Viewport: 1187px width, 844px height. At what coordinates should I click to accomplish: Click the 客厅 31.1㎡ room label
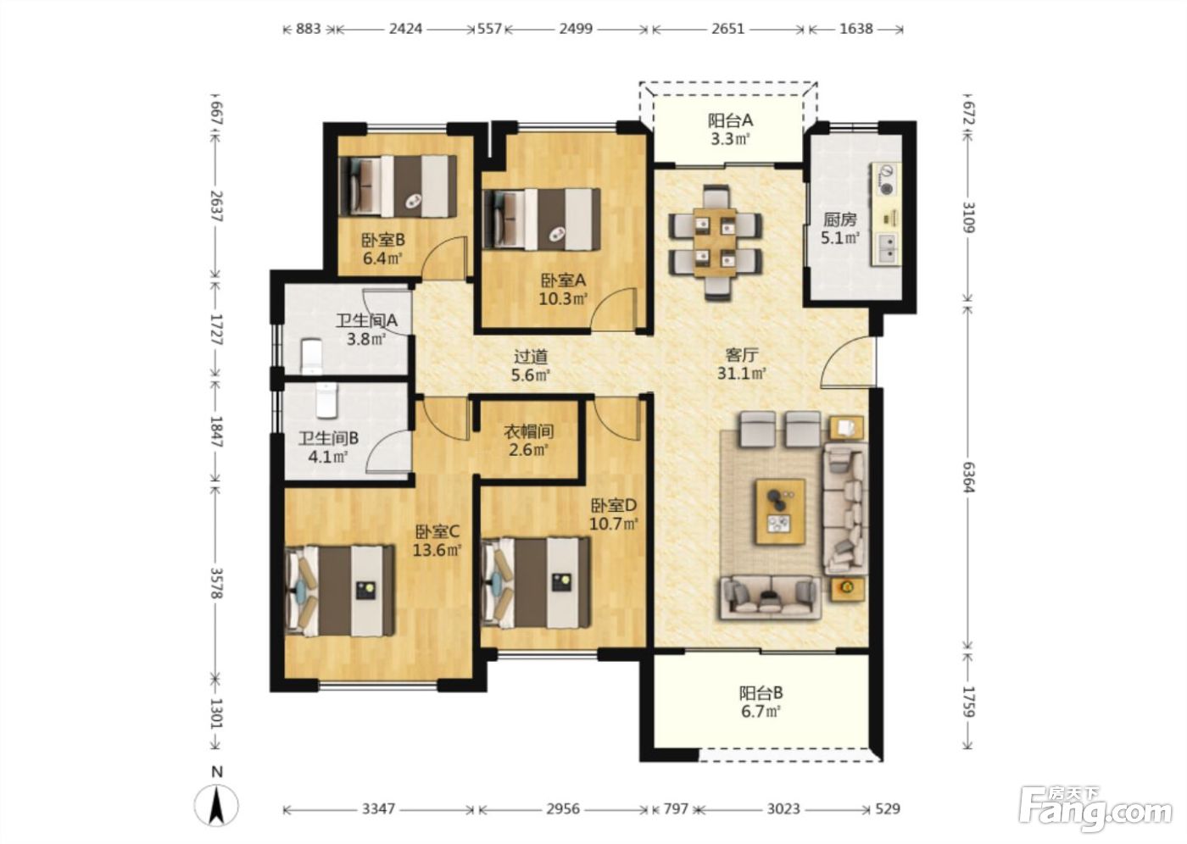742,364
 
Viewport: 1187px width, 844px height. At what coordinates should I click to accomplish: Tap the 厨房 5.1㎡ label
840,229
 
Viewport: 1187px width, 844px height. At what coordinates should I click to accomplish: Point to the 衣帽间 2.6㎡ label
528,441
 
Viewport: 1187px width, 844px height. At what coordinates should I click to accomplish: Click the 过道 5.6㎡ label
531,366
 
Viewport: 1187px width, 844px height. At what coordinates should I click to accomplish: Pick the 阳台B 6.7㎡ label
761,702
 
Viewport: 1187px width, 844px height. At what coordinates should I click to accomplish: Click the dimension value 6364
968,476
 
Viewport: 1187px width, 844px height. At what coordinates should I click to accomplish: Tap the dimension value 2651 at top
727,29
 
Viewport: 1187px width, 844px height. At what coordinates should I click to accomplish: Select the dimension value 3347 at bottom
378,808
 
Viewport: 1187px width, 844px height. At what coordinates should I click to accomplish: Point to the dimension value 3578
216,583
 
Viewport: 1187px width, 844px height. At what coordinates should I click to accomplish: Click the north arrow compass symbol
216,805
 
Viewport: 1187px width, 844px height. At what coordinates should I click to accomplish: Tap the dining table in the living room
716,242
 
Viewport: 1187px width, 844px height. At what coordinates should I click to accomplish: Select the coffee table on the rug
781,512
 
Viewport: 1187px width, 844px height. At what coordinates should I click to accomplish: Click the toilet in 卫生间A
312,357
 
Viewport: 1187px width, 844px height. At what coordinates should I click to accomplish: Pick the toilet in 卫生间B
327,400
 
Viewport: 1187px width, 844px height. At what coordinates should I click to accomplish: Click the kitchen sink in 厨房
886,248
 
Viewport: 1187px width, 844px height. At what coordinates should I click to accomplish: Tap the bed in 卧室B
398,186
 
